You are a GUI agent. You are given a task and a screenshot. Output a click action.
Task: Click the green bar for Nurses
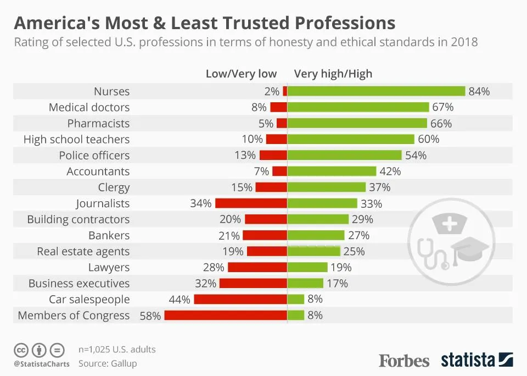(376, 91)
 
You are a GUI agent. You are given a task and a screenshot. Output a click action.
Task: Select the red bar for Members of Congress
(226, 316)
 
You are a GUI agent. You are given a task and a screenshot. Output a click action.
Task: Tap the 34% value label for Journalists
(201, 203)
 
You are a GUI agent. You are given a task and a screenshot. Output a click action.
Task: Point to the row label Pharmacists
(98, 123)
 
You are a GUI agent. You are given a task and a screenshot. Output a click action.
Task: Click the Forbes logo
(404, 361)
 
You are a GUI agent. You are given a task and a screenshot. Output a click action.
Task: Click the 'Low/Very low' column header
(241, 74)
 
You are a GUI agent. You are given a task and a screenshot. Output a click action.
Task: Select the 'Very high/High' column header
(333, 74)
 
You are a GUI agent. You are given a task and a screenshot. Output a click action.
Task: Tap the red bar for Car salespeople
(240, 300)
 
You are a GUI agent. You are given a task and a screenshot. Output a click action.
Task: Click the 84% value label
(479, 91)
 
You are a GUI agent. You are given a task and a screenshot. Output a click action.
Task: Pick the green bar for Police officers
(344, 156)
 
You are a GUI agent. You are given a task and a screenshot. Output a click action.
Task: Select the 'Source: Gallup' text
(108, 363)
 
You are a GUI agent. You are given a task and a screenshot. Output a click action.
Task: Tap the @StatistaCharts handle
(42, 364)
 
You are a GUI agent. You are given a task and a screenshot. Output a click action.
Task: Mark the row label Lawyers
(109, 268)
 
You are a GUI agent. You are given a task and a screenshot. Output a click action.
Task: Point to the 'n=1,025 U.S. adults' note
(117, 349)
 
